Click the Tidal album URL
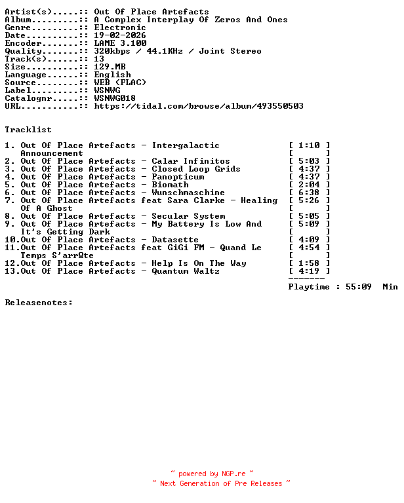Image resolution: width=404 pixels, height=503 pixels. (199, 106)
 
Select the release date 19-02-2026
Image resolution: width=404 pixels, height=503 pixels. (120, 35)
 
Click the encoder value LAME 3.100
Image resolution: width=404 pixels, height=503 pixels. (120, 43)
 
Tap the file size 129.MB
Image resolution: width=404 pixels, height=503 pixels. (110, 67)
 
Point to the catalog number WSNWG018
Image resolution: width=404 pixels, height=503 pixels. (115, 98)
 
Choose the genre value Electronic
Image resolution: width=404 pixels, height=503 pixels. (120, 28)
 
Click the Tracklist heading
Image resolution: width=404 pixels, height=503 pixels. (28, 130)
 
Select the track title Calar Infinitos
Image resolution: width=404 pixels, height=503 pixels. (191, 161)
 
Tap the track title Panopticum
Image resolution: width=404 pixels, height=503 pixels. (178, 177)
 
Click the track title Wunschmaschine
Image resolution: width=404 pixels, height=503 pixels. (188, 193)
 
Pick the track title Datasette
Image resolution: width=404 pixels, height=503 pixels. (175, 240)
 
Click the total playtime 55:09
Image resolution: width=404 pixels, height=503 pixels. (359, 287)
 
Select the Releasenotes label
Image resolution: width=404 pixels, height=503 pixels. (39, 303)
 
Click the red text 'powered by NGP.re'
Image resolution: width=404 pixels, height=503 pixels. (212, 474)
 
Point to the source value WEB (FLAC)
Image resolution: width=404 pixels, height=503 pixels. (120, 83)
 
